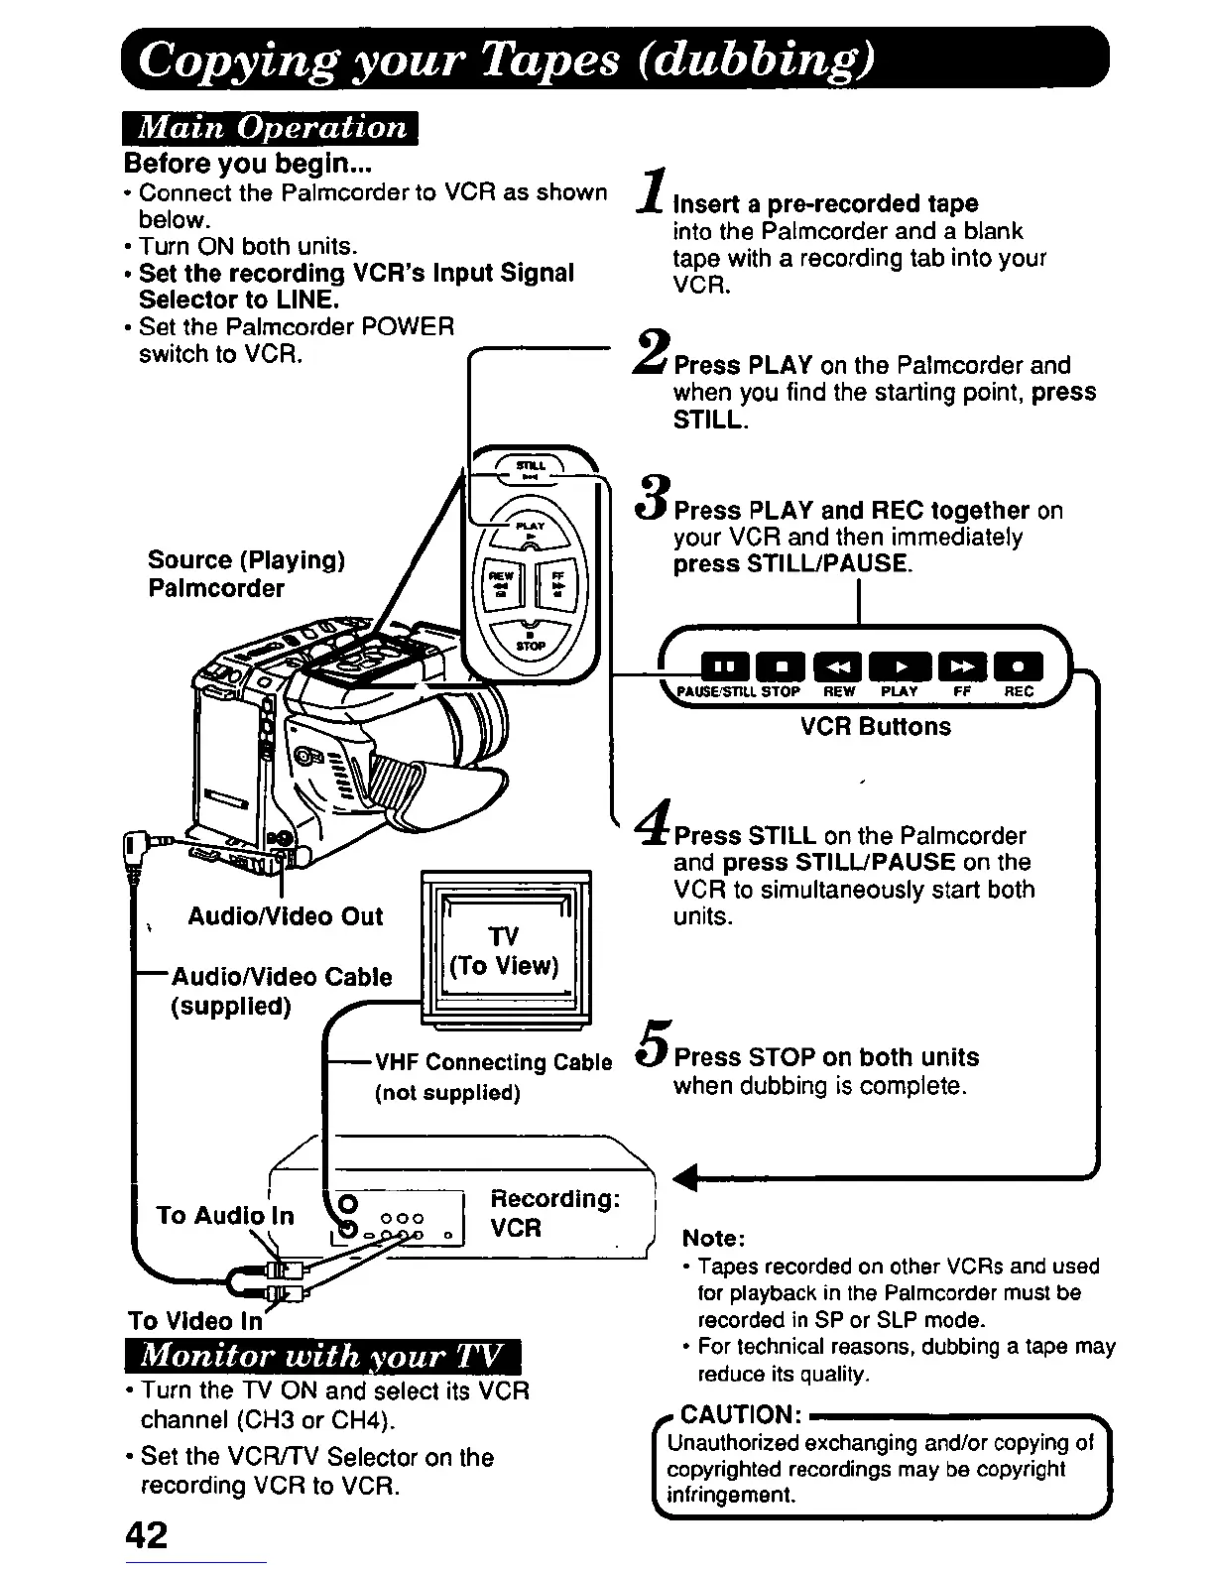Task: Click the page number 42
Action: (x=147, y=1534)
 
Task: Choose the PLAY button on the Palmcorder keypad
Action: (x=531, y=532)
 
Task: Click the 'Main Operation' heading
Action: (x=271, y=129)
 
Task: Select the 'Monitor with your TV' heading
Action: (x=323, y=1356)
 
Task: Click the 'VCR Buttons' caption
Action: (x=875, y=726)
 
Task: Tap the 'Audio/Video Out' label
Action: (x=286, y=916)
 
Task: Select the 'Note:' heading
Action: (x=713, y=1238)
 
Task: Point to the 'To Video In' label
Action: (x=195, y=1321)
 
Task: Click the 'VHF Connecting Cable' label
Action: (x=493, y=1062)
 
